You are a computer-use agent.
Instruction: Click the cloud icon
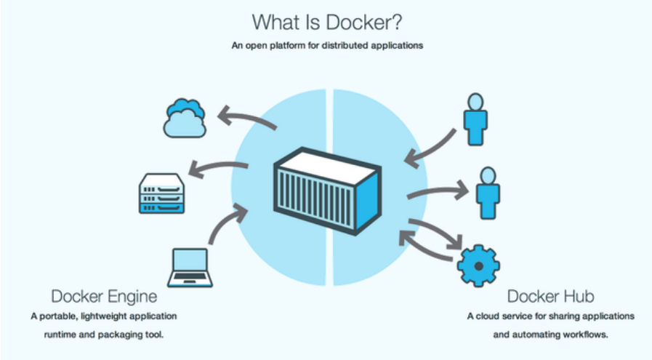pos(185,119)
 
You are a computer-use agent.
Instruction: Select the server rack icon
pos(162,193)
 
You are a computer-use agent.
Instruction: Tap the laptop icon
pos(190,268)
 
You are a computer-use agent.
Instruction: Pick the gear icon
pos(478,266)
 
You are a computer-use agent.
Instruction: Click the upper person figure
pos(475,119)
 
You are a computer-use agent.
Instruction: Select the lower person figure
pos(488,193)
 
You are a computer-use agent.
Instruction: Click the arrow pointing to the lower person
pos(439,191)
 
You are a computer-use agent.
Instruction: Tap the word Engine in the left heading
pos(133,297)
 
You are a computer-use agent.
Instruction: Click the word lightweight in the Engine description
pos(104,316)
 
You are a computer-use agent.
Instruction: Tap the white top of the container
pos(328,166)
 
